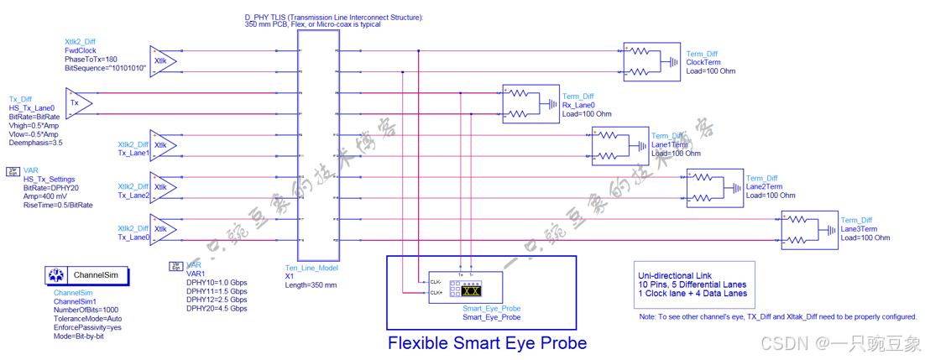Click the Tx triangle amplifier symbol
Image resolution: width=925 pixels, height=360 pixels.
tap(78, 103)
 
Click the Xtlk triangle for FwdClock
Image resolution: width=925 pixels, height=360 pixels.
tap(163, 61)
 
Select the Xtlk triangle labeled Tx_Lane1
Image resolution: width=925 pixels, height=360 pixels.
tap(163, 145)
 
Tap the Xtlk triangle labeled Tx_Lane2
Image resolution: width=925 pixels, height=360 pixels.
tap(163, 187)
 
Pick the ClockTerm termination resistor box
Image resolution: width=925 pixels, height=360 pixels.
tap(651, 61)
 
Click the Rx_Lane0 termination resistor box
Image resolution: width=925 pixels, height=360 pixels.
tap(530, 104)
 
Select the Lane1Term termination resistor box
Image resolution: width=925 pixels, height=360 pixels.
tap(620, 145)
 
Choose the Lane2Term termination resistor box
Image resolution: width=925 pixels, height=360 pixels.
tap(714, 188)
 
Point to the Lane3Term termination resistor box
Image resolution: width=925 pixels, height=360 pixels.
tap(809, 230)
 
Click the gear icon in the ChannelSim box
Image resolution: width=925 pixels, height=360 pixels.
tap(56, 274)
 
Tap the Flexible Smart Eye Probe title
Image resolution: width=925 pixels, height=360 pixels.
tap(487, 343)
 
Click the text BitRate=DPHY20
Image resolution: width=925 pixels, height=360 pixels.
tap(51, 188)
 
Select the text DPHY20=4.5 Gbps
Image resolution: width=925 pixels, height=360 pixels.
tap(217, 308)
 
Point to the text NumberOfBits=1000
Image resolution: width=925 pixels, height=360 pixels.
tap(86, 310)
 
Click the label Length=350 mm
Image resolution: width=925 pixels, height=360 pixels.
tap(311, 284)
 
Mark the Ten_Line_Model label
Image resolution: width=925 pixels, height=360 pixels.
tap(311, 268)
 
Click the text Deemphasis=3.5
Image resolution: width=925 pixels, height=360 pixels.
tap(36, 143)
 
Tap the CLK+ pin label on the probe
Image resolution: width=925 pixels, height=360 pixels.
tap(436, 293)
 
